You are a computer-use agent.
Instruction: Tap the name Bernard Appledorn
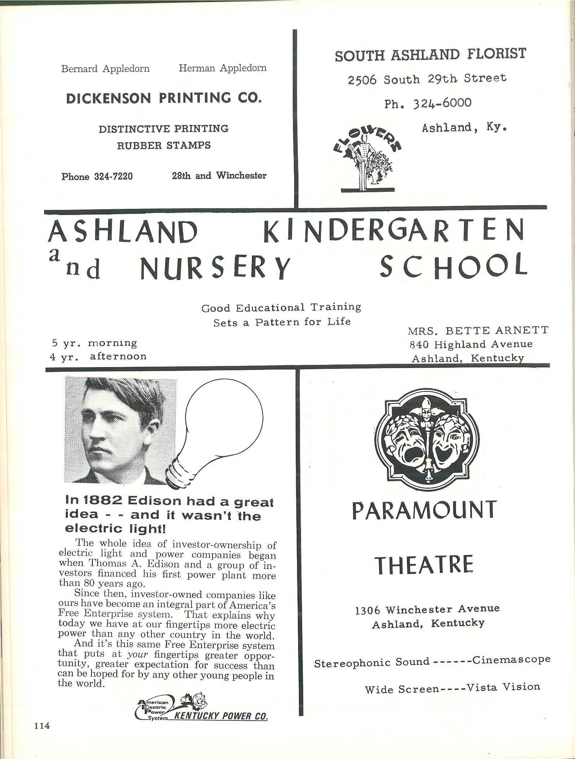point(105,69)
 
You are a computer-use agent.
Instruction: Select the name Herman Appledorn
point(223,68)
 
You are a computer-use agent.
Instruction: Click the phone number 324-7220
point(113,176)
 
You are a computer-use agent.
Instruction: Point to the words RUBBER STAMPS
point(164,145)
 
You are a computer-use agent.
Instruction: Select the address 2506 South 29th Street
point(427,79)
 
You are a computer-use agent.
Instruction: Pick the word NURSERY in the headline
point(215,268)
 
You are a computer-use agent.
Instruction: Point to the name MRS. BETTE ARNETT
point(478,331)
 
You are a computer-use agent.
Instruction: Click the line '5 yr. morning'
point(93,343)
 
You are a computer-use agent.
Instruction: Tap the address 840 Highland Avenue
point(471,344)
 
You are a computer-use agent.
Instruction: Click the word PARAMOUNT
point(424,510)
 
